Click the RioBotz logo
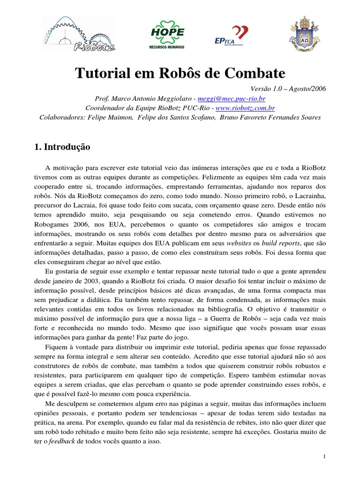[79, 33]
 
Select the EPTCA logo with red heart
[230, 34]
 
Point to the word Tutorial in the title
[99, 74]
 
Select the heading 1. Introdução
[62, 147]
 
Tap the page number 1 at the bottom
[324, 456]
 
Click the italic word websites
[239, 244]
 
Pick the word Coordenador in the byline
[103, 108]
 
